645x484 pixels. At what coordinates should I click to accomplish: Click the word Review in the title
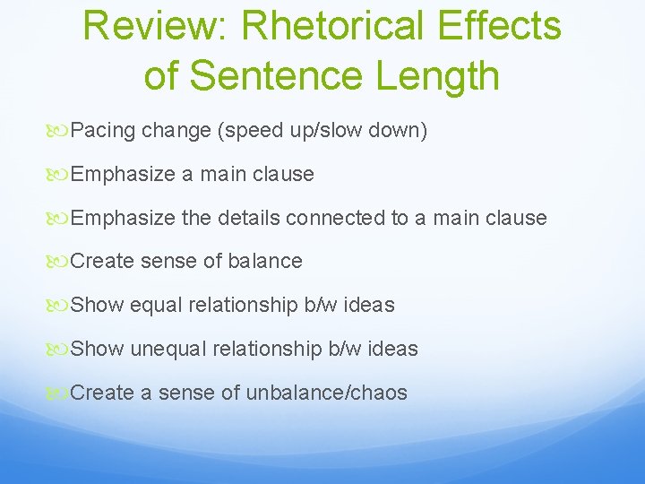pos(155,26)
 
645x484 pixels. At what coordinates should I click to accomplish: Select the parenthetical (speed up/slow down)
pos(322,131)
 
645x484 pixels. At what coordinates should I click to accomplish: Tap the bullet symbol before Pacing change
pos(61,131)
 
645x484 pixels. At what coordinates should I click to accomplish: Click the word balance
pos(264,262)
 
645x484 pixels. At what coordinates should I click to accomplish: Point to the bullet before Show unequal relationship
pos(61,349)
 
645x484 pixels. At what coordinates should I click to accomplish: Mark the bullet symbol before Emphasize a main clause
pos(61,174)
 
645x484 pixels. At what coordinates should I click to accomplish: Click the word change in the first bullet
pos(176,131)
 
